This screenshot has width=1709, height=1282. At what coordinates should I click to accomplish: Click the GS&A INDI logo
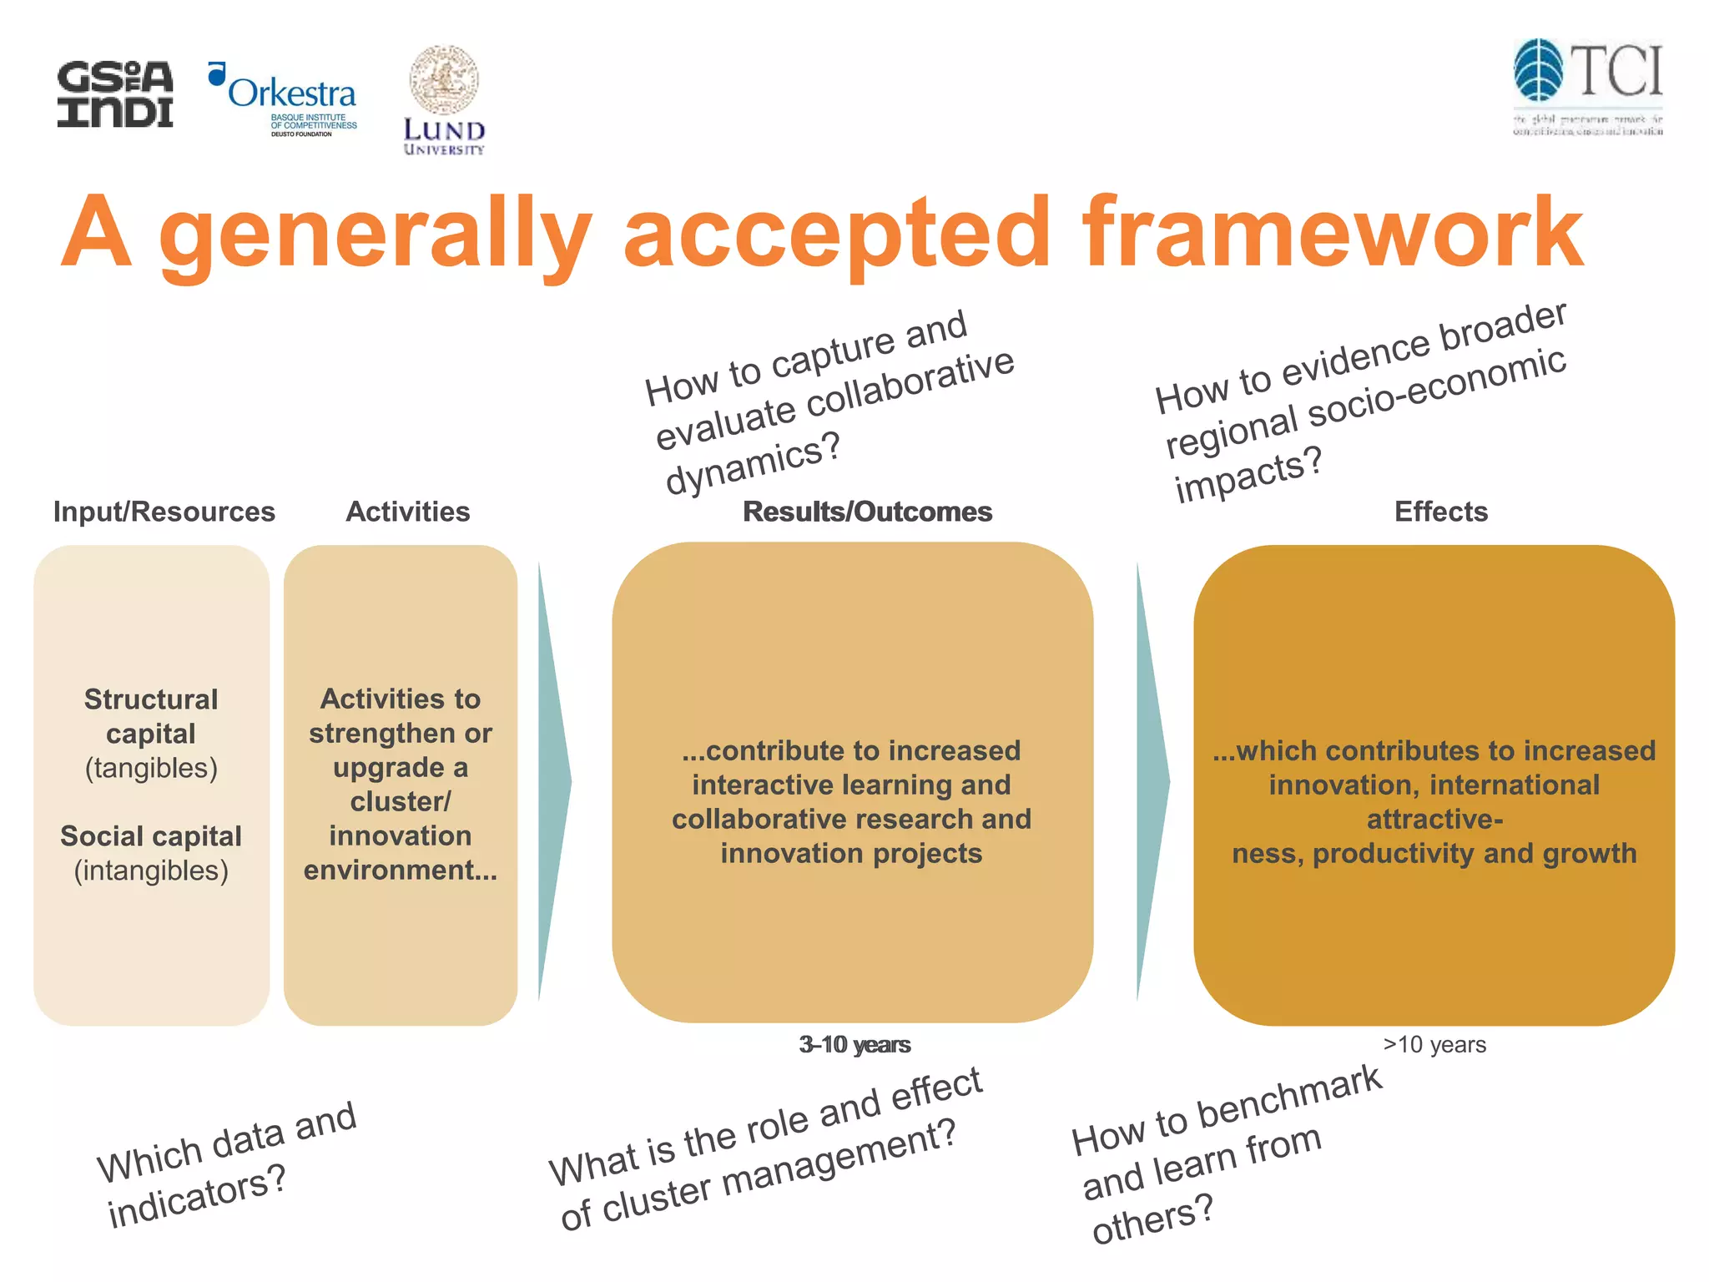[115, 94]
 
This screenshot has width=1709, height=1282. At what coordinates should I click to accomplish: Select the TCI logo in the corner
[1587, 87]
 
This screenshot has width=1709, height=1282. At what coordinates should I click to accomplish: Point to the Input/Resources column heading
[164, 512]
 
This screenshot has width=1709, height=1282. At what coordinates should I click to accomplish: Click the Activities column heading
[407, 512]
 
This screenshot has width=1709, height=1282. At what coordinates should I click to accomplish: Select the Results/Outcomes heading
[867, 512]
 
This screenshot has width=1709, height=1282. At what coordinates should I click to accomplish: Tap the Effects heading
[1440, 512]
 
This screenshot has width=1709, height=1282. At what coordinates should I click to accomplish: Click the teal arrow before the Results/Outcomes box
[552, 781]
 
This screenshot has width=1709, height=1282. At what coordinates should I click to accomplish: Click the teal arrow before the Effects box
[1152, 781]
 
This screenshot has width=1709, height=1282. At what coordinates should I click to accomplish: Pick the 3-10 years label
[854, 1044]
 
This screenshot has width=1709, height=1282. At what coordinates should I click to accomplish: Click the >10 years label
[1434, 1044]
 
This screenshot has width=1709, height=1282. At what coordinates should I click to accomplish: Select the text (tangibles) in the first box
[151, 768]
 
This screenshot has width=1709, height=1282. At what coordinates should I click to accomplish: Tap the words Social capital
[151, 835]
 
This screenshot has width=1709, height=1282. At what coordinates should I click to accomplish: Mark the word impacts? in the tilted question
[1248, 474]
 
